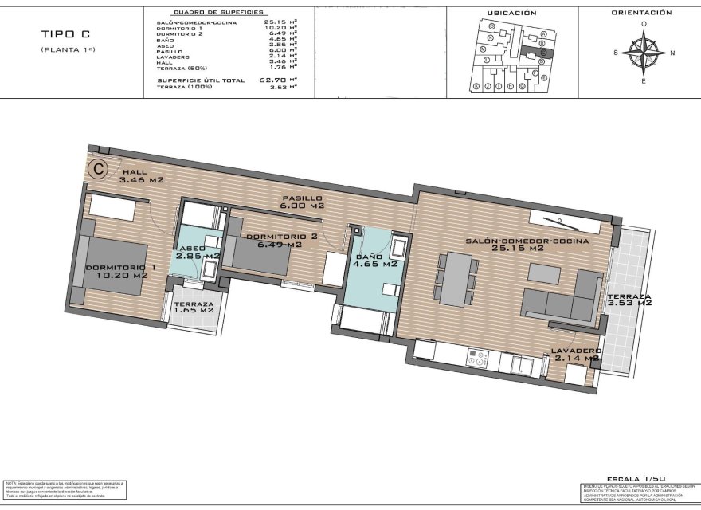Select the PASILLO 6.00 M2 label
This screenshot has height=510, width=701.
[x=303, y=202]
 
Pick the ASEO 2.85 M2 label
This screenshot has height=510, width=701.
[x=198, y=253]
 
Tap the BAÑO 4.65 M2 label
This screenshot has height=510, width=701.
[x=375, y=260]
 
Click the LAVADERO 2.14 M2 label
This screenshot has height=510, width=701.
[x=574, y=355]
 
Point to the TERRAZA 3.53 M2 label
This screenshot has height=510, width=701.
[x=629, y=299]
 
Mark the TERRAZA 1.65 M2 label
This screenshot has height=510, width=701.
[x=194, y=308]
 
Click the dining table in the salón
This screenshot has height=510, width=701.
[x=456, y=278]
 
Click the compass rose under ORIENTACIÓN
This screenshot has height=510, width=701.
[x=644, y=53]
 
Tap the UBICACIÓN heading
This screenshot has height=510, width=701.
[x=511, y=13]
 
